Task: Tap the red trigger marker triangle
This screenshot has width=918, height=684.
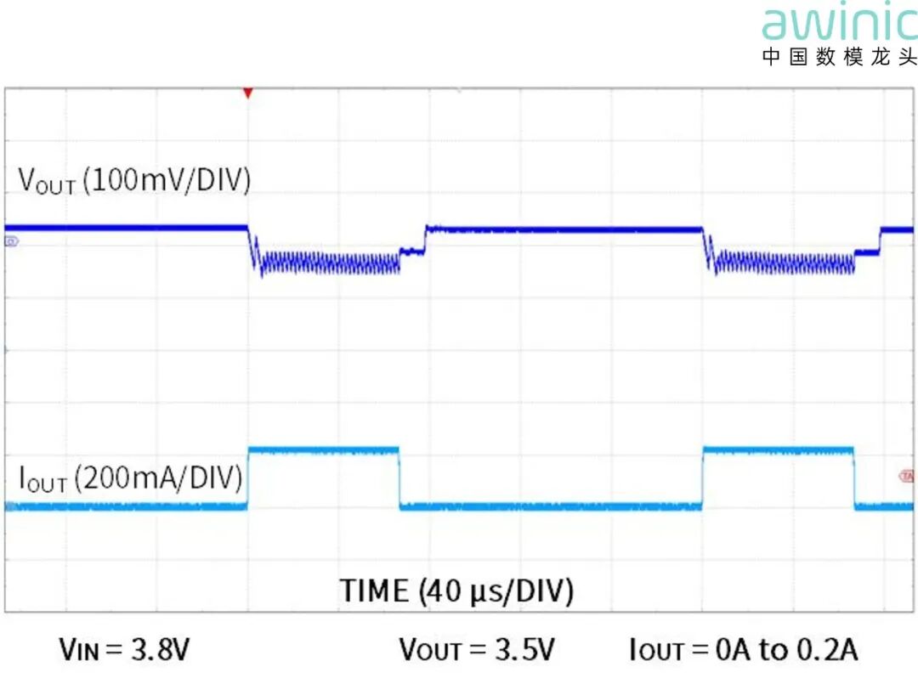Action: [x=248, y=92]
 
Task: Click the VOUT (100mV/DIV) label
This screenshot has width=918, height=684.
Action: [x=134, y=181]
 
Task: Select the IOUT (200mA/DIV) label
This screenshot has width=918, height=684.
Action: [x=130, y=479]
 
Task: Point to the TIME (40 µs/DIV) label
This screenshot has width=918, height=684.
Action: [x=456, y=591]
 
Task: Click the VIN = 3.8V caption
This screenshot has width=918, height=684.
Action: [x=124, y=651]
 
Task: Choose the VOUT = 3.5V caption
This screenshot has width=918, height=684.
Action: [x=477, y=651]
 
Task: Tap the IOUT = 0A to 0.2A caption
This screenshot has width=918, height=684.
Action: [x=744, y=651]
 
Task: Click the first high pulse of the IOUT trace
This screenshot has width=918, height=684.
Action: [x=323, y=449]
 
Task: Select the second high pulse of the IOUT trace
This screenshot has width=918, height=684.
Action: [x=778, y=449]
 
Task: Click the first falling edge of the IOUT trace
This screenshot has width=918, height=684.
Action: [x=399, y=478]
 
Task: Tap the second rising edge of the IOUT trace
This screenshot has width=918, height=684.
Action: [x=703, y=478]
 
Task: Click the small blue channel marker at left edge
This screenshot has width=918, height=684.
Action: [x=11, y=242]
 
